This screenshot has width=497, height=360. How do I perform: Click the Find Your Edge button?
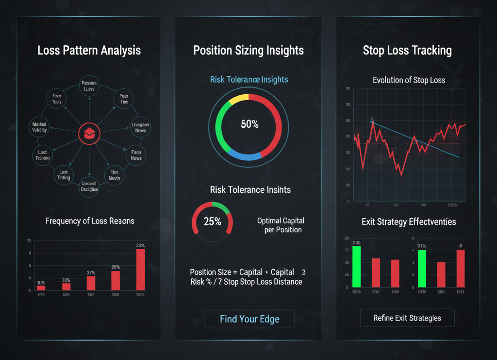click(x=249, y=319)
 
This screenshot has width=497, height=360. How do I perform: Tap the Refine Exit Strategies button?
click(x=407, y=318)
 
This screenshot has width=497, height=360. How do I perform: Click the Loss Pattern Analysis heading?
click(x=89, y=50)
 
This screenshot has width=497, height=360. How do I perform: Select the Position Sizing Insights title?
click(x=248, y=50)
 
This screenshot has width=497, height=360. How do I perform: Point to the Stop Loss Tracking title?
click(x=407, y=50)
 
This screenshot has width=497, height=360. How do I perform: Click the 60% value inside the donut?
click(x=249, y=124)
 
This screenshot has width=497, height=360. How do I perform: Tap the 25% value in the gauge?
click(x=213, y=222)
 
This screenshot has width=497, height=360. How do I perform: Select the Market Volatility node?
click(x=39, y=127)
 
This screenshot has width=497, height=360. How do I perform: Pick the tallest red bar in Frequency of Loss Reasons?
click(x=140, y=269)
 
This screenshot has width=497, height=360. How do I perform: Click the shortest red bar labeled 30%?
click(x=41, y=288)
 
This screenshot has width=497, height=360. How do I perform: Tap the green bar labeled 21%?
click(x=422, y=268)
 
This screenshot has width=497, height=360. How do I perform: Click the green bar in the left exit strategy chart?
click(x=357, y=266)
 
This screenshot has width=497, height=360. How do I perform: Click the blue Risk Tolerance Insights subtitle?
click(x=249, y=79)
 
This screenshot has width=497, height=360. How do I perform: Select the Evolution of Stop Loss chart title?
click(x=409, y=80)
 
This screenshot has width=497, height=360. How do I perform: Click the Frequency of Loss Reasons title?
click(x=90, y=221)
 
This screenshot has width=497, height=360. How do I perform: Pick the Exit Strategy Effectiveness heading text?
click(x=409, y=222)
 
